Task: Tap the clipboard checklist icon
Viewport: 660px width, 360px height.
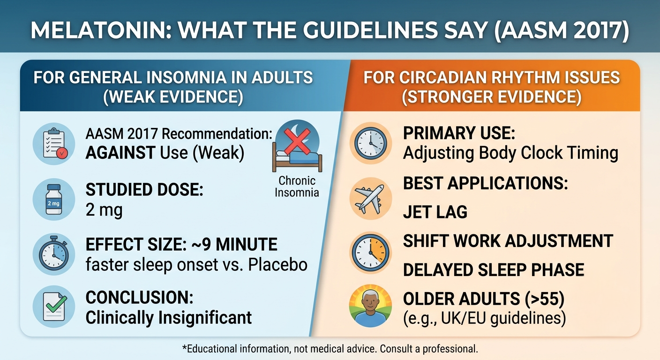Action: (x=54, y=143)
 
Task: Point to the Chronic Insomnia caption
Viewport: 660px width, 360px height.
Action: (x=297, y=187)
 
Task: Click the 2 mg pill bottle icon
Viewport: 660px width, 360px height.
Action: (x=53, y=199)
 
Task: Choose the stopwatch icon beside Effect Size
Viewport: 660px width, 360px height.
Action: (x=53, y=253)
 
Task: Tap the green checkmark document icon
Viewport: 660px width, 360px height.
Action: (x=54, y=307)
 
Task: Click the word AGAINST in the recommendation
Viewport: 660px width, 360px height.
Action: (x=120, y=153)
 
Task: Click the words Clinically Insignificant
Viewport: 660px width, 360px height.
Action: (x=169, y=317)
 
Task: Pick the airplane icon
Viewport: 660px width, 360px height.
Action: (x=369, y=199)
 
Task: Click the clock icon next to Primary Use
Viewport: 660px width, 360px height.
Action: (x=371, y=143)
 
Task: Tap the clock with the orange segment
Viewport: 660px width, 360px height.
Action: (x=371, y=253)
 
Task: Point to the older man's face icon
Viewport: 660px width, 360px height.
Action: (x=370, y=306)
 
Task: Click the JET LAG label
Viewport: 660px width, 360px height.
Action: (x=435, y=212)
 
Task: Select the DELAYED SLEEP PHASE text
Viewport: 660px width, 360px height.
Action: (x=494, y=270)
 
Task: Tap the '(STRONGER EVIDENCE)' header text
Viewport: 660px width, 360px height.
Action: (x=492, y=97)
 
